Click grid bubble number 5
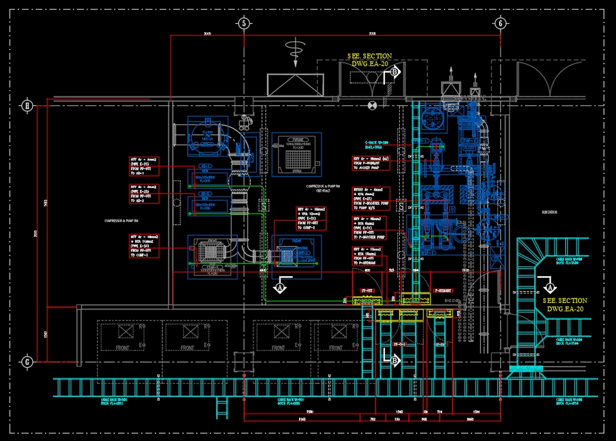(243, 24)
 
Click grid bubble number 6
(499, 24)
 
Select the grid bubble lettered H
(27, 105)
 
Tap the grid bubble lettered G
(27, 361)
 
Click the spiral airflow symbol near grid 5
(295, 48)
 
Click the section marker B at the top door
(395, 73)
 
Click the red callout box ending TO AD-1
(144, 166)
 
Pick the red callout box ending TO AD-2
(144, 194)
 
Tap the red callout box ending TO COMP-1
(144, 246)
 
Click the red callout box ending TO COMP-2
(311, 218)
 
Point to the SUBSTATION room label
(549, 212)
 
